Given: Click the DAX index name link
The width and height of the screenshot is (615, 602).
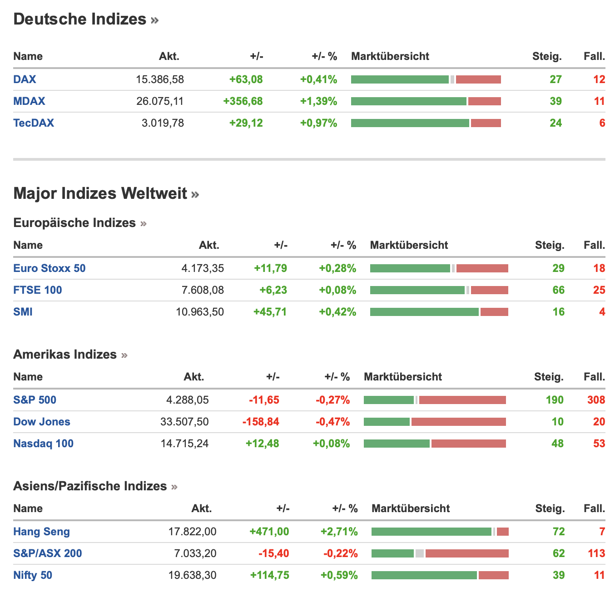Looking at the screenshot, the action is pyautogui.click(x=25, y=79).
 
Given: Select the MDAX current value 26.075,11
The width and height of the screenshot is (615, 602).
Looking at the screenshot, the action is pyautogui.click(x=160, y=101).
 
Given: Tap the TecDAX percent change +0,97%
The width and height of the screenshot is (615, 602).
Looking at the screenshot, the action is pyautogui.click(x=318, y=123).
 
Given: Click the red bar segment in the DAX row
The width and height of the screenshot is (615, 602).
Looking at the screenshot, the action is pyautogui.click(x=478, y=79).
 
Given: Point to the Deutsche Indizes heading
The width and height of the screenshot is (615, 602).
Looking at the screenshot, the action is pyautogui.click(x=80, y=19).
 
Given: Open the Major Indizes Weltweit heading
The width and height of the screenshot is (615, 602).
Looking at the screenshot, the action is pyautogui.click(x=100, y=193).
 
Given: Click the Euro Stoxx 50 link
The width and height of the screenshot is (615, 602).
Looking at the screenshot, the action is pyautogui.click(x=50, y=268).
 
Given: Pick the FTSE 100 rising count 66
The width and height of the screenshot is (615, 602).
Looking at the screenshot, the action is pyautogui.click(x=558, y=290).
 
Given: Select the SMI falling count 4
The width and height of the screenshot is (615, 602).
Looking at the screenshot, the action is pyautogui.click(x=602, y=312).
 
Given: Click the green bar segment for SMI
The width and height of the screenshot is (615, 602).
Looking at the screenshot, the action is pyautogui.click(x=424, y=312).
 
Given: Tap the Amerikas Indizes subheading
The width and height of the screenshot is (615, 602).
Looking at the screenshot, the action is pyautogui.click(x=65, y=354).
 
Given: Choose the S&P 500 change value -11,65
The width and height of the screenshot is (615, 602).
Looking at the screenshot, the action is pyautogui.click(x=264, y=400).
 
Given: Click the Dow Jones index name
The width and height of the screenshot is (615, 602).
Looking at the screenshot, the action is pyautogui.click(x=42, y=421).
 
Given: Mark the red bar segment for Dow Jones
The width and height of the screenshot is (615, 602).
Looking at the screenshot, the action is pyautogui.click(x=458, y=422).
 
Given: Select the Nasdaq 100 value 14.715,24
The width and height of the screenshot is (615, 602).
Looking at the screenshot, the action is pyautogui.click(x=184, y=444).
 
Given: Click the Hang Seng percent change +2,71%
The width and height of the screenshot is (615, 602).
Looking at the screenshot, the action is pyautogui.click(x=339, y=532).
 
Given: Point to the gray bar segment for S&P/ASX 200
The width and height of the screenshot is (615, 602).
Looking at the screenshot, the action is pyautogui.click(x=419, y=553).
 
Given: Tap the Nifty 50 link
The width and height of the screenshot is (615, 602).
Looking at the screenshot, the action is pyautogui.click(x=33, y=575).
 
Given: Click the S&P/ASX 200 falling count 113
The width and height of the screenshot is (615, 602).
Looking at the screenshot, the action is pyautogui.click(x=596, y=553).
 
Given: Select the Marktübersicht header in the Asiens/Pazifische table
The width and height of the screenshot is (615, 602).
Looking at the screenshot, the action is pyautogui.click(x=411, y=508).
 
